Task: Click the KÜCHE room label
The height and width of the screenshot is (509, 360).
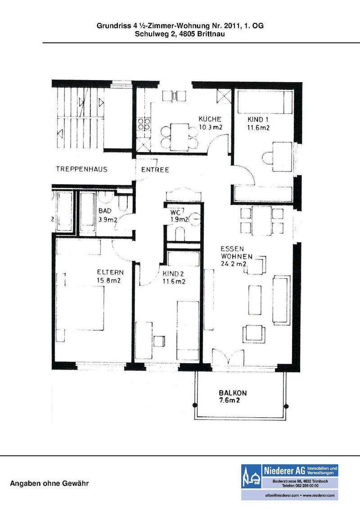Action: coord(210,119)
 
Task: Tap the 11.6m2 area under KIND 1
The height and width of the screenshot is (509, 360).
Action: coord(258,128)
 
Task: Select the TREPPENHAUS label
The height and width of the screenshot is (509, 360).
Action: coord(81,169)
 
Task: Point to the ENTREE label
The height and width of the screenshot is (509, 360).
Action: coord(155,170)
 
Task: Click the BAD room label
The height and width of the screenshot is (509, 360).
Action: coord(104,211)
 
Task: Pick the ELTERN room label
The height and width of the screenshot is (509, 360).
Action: coord(110,272)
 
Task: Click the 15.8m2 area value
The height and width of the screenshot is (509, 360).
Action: coord(108,281)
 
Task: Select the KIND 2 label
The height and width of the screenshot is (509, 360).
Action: coord(173,274)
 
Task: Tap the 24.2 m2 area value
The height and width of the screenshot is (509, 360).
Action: coord(233,264)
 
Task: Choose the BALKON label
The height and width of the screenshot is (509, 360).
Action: coord(233,393)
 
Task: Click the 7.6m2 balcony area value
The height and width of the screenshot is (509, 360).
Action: coord(229,401)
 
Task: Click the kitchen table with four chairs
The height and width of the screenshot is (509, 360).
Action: coord(179,137)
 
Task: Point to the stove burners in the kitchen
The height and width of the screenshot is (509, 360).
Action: coord(144,124)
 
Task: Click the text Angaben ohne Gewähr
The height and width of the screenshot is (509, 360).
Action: coord(49,484)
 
